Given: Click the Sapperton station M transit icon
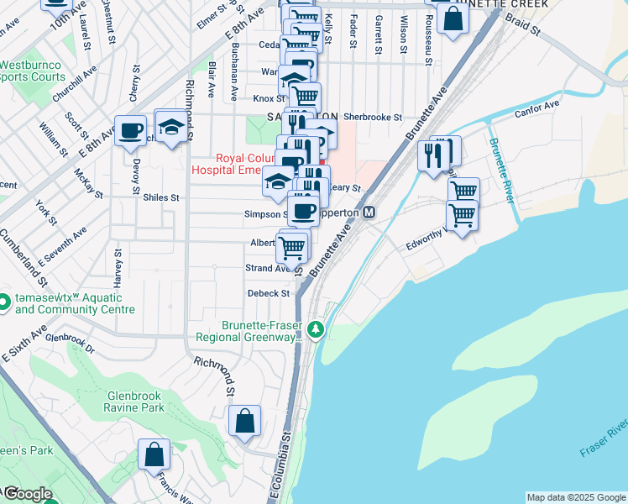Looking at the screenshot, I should point(369,213).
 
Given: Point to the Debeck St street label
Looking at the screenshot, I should point(268,293).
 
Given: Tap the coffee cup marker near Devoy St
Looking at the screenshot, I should point(130,131).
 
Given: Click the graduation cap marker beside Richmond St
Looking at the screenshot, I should point(171,127).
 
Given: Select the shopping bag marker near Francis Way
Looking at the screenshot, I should point(154,455).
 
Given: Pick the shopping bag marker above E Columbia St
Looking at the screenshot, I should point(244,421).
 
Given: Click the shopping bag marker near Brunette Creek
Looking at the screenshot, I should point(453,18).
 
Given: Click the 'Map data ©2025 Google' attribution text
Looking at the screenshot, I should point(575,497).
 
